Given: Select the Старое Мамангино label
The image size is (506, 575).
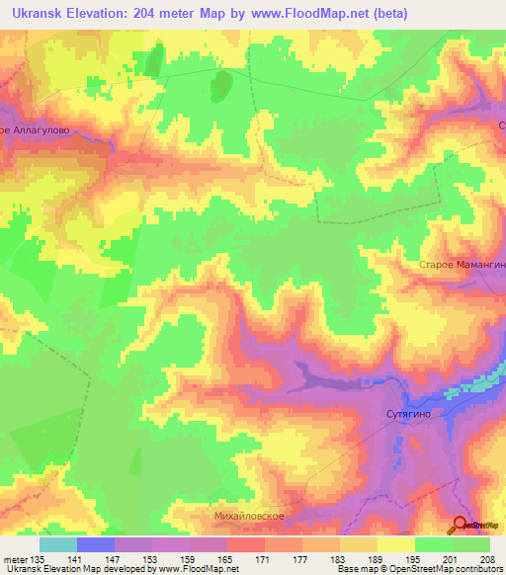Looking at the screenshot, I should [462, 266].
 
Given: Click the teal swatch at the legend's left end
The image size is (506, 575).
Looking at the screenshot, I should [57, 544].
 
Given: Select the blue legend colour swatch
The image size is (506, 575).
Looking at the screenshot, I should [95, 544].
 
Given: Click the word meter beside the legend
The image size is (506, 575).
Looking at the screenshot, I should [15, 558].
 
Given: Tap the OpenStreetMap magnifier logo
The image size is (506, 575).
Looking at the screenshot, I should [461, 526].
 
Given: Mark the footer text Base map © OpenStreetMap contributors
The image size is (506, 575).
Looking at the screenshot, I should [418, 569].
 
